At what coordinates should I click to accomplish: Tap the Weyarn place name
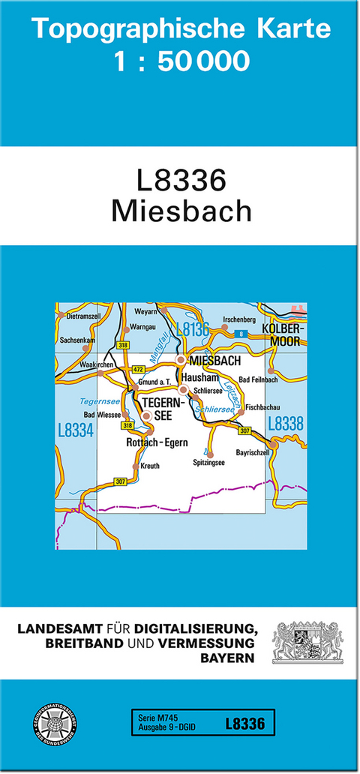coord(146,310)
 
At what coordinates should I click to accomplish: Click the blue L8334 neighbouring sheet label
coord(75,430)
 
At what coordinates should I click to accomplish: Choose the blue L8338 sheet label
coord(286,424)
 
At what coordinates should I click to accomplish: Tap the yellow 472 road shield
coord(137,370)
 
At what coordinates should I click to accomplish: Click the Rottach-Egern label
coord(157,442)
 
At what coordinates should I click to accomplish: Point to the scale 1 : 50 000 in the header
coord(182,61)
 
